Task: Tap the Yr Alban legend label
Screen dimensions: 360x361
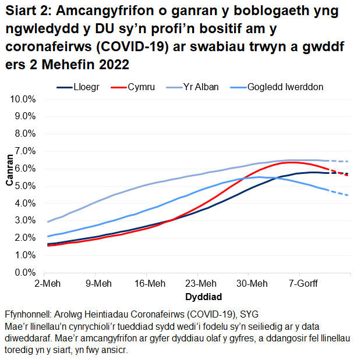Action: coord(201,87)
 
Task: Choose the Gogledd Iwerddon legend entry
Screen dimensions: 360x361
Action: coord(285,87)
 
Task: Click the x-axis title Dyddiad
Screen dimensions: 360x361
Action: coord(199,296)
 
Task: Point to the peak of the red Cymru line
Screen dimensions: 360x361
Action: coord(296,162)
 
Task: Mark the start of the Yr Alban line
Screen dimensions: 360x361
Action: coord(48,222)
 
